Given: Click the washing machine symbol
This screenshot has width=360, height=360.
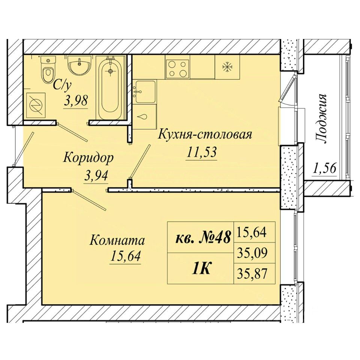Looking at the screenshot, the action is pyautogui.click(x=36, y=105).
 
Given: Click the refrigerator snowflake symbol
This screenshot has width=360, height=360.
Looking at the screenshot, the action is pyautogui.click(x=227, y=67).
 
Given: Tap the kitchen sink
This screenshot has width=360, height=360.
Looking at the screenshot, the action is pyautogui.click(x=145, y=91).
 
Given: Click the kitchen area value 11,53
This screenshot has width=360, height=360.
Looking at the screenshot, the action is pyautogui.click(x=202, y=152).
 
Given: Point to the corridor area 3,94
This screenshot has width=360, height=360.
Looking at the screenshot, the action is pyautogui.click(x=96, y=176).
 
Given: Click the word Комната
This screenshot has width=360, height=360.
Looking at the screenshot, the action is pyautogui.click(x=117, y=240).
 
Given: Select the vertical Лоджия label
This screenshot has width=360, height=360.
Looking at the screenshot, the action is pyautogui.click(x=321, y=118).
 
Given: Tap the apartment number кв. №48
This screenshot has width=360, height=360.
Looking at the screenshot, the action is pyautogui.click(x=203, y=237).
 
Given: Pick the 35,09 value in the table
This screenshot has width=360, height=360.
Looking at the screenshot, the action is pyautogui.click(x=252, y=253).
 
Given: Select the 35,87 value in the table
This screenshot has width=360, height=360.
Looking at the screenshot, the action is pyautogui.click(x=252, y=273).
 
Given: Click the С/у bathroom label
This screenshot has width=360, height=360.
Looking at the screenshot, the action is pyautogui.click(x=62, y=85).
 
